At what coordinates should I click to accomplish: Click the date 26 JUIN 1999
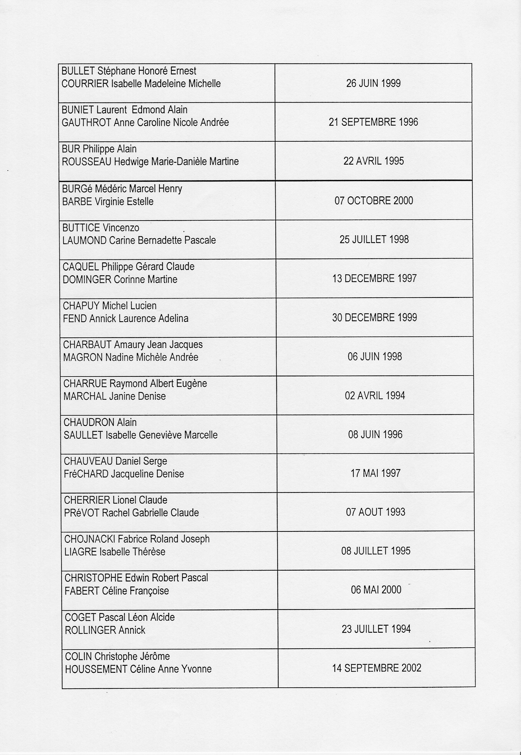point(373,83)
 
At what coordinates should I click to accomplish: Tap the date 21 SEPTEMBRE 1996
point(373,122)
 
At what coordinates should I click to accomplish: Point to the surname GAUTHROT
point(86,123)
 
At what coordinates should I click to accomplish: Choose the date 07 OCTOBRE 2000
point(374,201)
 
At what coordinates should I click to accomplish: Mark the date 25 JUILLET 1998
point(374,239)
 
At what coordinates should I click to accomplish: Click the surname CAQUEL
point(81,267)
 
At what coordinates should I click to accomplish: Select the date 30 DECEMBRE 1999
point(374,317)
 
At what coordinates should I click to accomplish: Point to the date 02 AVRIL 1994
point(375,396)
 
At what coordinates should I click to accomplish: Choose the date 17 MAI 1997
point(375,473)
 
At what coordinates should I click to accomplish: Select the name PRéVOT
point(81,513)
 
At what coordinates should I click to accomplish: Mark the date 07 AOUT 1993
point(375,512)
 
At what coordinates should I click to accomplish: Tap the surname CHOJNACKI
point(90,539)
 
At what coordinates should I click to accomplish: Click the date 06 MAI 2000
point(376,589)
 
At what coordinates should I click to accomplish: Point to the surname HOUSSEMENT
point(96,669)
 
